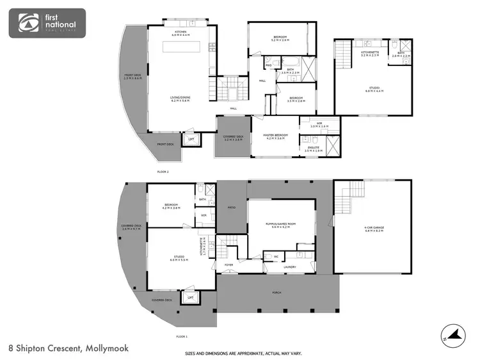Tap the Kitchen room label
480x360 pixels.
[x=181, y=33]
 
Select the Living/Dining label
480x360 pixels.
[x=181, y=99]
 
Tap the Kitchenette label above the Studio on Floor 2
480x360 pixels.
[x=370, y=54]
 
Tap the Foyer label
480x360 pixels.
[x=228, y=265]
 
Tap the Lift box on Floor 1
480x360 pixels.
[x=189, y=297]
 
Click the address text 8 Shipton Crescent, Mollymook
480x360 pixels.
[x=68, y=348]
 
